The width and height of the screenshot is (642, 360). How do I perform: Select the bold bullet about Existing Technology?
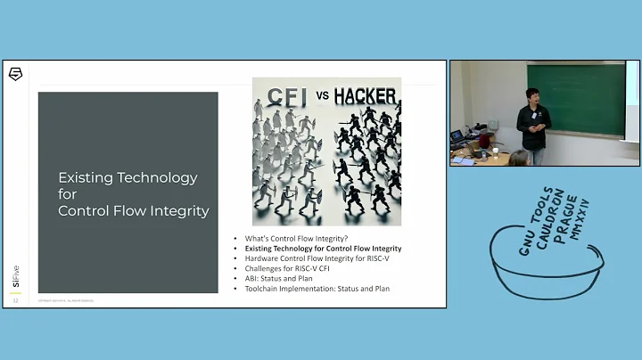324,249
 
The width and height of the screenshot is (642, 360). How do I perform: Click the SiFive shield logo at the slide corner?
15,74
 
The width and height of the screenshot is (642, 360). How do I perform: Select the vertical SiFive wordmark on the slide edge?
15,277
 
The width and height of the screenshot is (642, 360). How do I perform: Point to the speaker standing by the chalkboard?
533,122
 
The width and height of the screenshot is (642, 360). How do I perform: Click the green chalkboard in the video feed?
589,99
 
